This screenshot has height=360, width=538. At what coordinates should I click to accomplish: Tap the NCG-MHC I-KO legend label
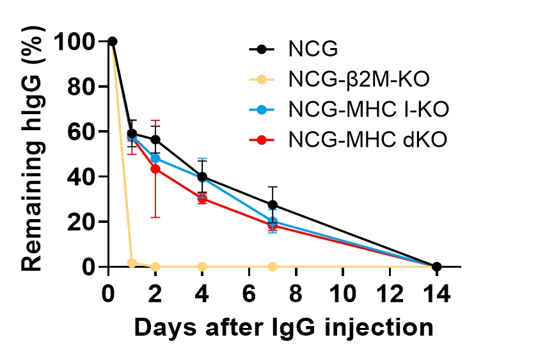pyautogui.click(x=368, y=109)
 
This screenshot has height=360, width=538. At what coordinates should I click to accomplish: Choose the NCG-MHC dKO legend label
pyautogui.click(x=366, y=139)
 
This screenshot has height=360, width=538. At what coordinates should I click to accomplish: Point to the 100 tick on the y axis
pyautogui.click(x=75, y=42)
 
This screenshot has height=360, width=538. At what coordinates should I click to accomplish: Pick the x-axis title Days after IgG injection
pyautogui.click(x=283, y=327)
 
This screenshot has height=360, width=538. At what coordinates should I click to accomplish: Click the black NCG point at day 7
pyautogui.click(x=273, y=205)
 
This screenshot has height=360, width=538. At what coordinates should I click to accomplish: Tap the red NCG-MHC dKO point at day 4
pyautogui.click(x=202, y=199)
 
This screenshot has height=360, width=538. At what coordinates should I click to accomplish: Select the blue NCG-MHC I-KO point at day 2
pyautogui.click(x=155, y=158)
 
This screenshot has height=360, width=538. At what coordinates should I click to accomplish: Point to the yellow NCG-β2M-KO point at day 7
pyautogui.click(x=273, y=266)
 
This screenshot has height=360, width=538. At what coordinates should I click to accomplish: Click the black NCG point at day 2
pyautogui.click(x=155, y=140)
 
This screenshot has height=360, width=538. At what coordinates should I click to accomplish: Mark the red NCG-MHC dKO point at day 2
pyautogui.click(x=155, y=168)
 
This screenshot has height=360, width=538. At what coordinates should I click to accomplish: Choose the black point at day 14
pyautogui.click(x=436, y=266)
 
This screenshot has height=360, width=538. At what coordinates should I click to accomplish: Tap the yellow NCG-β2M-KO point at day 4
pyautogui.click(x=202, y=266)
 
